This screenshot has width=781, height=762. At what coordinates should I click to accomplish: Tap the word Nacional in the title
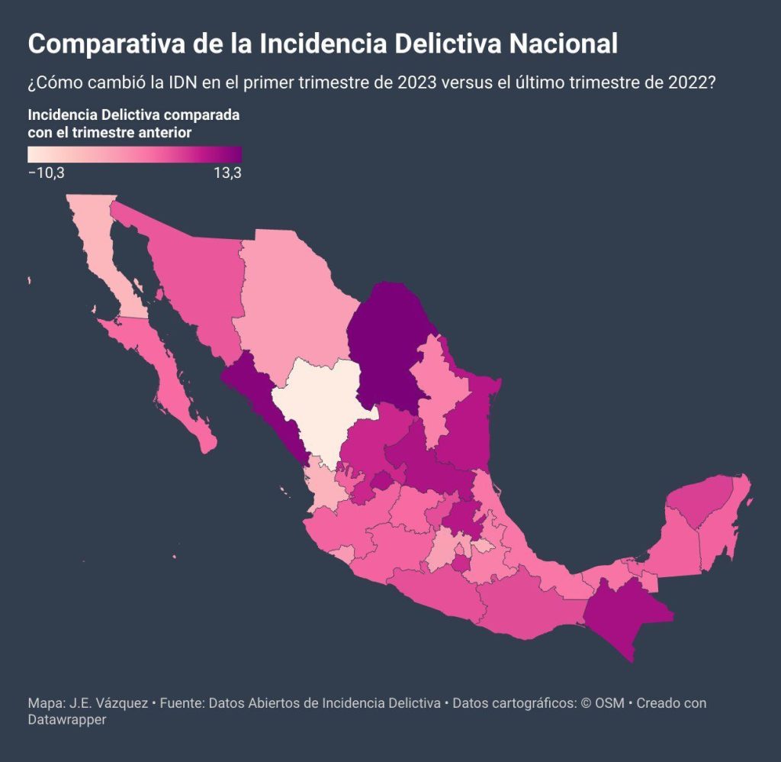[x=564, y=43]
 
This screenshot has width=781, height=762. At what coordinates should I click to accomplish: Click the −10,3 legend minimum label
[x=47, y=173]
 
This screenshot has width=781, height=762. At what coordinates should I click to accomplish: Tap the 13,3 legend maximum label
[x=227, y=173]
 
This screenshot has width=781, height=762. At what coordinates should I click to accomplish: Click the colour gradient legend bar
[x=135, y=154]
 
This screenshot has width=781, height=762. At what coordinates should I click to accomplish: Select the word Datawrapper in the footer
[x=67, y=719]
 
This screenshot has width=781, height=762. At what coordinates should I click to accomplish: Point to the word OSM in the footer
[x=609, y=702]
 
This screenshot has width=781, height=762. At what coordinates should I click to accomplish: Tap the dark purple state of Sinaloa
[x=264, y=404]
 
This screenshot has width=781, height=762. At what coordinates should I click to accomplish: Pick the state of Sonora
[x=194, y=279]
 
